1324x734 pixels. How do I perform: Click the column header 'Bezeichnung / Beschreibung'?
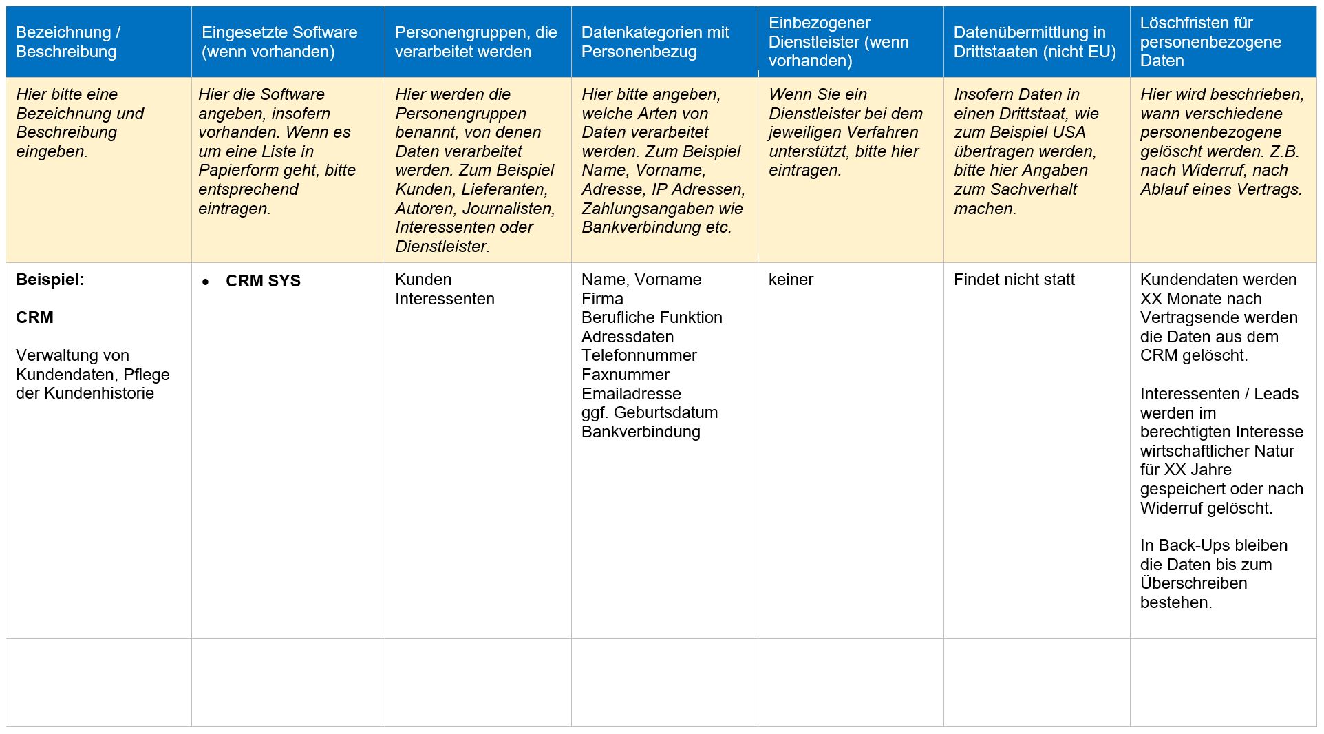67,42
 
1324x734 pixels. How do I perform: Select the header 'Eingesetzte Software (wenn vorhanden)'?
279,42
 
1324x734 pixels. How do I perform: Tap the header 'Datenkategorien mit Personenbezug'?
654,42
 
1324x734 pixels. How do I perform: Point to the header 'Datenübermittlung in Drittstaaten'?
1034,42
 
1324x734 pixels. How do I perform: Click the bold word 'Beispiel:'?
50,280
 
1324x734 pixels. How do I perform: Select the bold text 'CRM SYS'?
263,281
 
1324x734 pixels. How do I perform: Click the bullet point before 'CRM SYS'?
206,282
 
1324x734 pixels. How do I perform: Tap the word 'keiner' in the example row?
791,280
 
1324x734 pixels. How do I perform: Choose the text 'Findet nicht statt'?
1014,280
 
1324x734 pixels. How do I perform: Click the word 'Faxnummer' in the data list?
625,375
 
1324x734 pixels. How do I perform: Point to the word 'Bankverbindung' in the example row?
641,432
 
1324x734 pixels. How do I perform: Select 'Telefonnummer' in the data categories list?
639,355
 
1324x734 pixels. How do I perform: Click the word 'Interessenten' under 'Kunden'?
445,299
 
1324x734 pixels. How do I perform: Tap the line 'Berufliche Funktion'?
652,317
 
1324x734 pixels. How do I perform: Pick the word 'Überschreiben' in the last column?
1193,583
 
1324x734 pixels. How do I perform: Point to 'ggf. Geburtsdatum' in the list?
649,412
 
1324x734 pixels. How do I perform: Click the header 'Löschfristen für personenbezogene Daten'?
1210,42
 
